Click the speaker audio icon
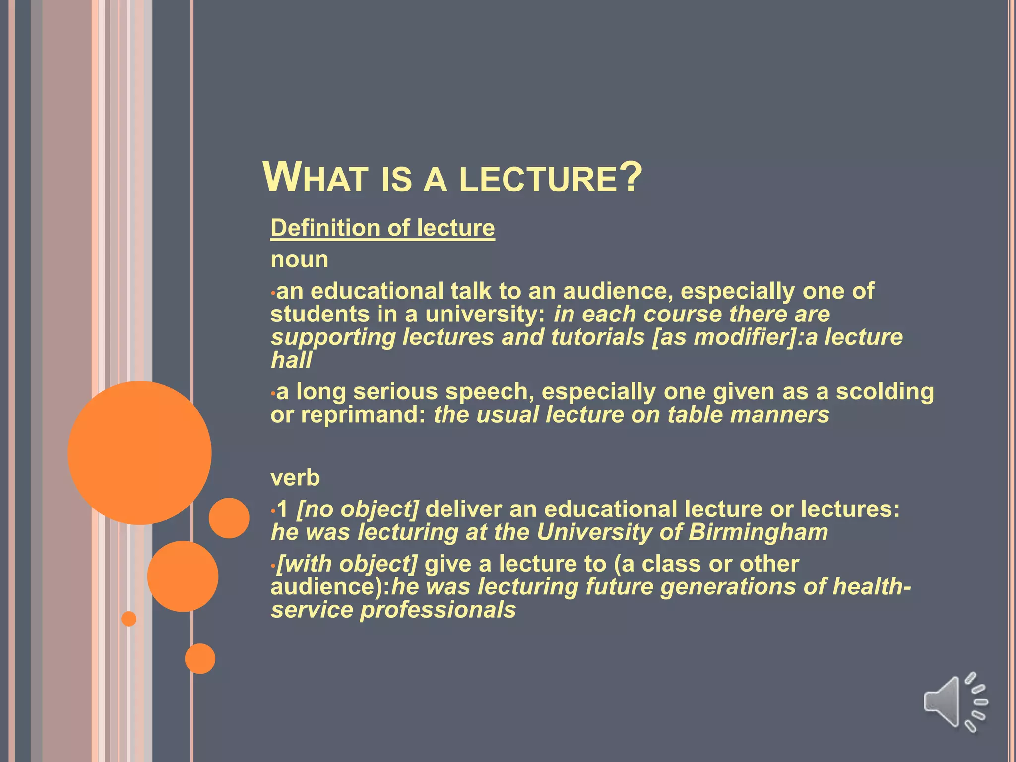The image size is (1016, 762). coord(953,702)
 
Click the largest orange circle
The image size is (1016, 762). coord(140,452)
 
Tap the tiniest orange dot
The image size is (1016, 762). coord(129,619)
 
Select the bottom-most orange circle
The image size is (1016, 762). coord(200,658)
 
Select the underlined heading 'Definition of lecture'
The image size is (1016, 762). coord(382,228)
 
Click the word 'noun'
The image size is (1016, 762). coord(299,260)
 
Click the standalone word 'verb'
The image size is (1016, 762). coord(295,478)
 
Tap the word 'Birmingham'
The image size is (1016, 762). coord(758,532)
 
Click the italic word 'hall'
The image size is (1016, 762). coord(291,360)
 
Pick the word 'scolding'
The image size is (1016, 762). coord(885,392)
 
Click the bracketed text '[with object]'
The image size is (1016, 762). coord(347,564)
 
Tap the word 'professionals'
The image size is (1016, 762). coord(438,610)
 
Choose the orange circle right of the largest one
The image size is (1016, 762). coord(229,518)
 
